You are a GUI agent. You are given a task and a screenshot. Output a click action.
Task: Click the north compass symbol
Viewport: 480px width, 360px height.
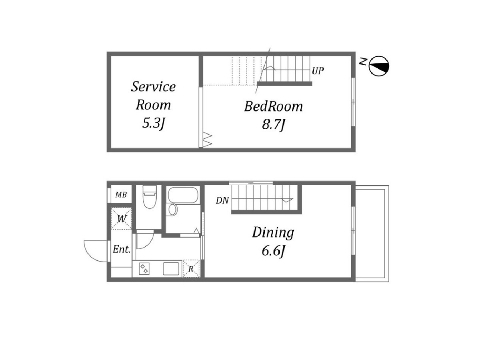[x=379, y=66]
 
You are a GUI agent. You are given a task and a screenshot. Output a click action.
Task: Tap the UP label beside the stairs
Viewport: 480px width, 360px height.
[x=318, y=71]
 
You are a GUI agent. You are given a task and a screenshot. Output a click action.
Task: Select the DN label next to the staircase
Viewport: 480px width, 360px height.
[x=222, y=200]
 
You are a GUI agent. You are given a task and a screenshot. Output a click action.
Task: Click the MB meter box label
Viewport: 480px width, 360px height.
[x=121, y=194]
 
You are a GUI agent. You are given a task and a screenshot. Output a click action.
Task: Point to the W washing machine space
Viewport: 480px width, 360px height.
[x=122, y=218]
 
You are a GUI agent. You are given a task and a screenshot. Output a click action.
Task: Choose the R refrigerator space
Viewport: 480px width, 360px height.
[x=191, y=269]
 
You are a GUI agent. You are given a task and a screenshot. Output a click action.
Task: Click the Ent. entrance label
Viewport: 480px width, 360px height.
[x=122, y=249]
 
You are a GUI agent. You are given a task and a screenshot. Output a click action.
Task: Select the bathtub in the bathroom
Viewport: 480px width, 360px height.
[x=183, y=195]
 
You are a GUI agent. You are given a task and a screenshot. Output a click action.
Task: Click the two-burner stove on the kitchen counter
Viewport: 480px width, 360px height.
[x=144, y=269]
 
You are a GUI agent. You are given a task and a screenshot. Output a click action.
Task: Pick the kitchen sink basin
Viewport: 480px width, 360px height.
[x=171, y=269]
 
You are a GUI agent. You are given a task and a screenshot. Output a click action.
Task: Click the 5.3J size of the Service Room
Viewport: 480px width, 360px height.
[x=153, y=124]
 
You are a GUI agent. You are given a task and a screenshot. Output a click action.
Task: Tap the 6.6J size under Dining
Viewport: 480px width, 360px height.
[x=273, y=251]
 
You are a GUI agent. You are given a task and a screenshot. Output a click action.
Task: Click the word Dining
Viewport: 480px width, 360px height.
[x=273, y=232]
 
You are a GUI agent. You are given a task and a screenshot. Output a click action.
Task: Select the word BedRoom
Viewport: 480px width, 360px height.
[x=273, y=106]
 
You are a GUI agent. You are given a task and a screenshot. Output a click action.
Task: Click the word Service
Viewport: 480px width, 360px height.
[x=153, y=87]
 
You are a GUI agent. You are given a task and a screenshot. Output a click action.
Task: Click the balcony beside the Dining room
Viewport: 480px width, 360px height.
[x=372, y=234]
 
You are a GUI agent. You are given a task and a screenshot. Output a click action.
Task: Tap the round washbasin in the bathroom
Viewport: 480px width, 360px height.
[x=173, y=210]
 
